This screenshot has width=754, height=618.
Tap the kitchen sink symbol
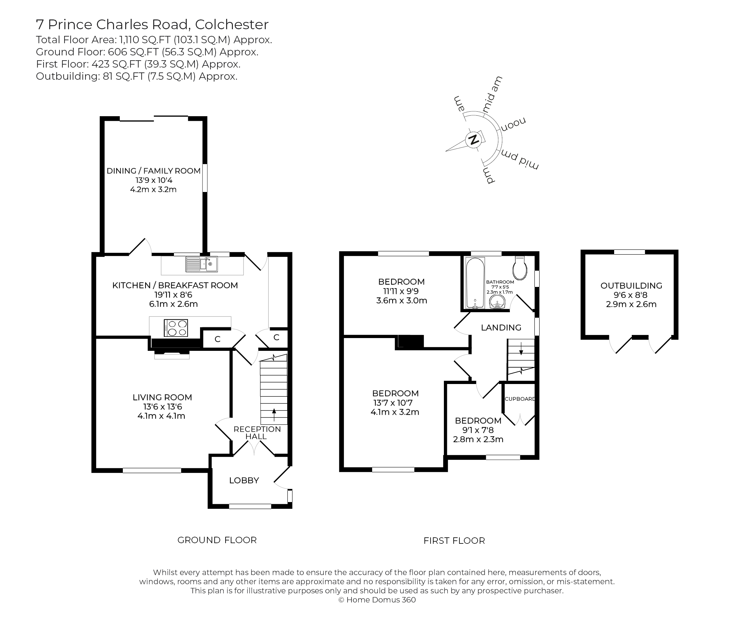coord(201,264)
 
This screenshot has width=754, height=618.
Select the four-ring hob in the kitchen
coord(176,328)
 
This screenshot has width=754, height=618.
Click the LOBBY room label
coord(244,480)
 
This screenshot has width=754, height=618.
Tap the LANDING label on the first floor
coord(501,327)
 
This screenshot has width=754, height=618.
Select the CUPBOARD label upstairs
coord(520,399)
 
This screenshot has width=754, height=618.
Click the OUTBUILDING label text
coord(631,285)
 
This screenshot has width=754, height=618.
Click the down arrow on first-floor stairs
coord(521,349)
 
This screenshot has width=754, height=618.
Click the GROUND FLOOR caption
coord(217,540)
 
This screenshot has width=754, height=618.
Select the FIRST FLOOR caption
coord(454,541)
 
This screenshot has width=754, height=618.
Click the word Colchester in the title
coord(232,25)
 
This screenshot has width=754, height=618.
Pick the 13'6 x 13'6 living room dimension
coord(163,407)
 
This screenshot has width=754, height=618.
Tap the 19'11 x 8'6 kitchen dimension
coord(173,295)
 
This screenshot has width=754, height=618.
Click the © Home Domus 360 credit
coord(377,600)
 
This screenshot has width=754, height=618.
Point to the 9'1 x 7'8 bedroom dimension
coord(478,430)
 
